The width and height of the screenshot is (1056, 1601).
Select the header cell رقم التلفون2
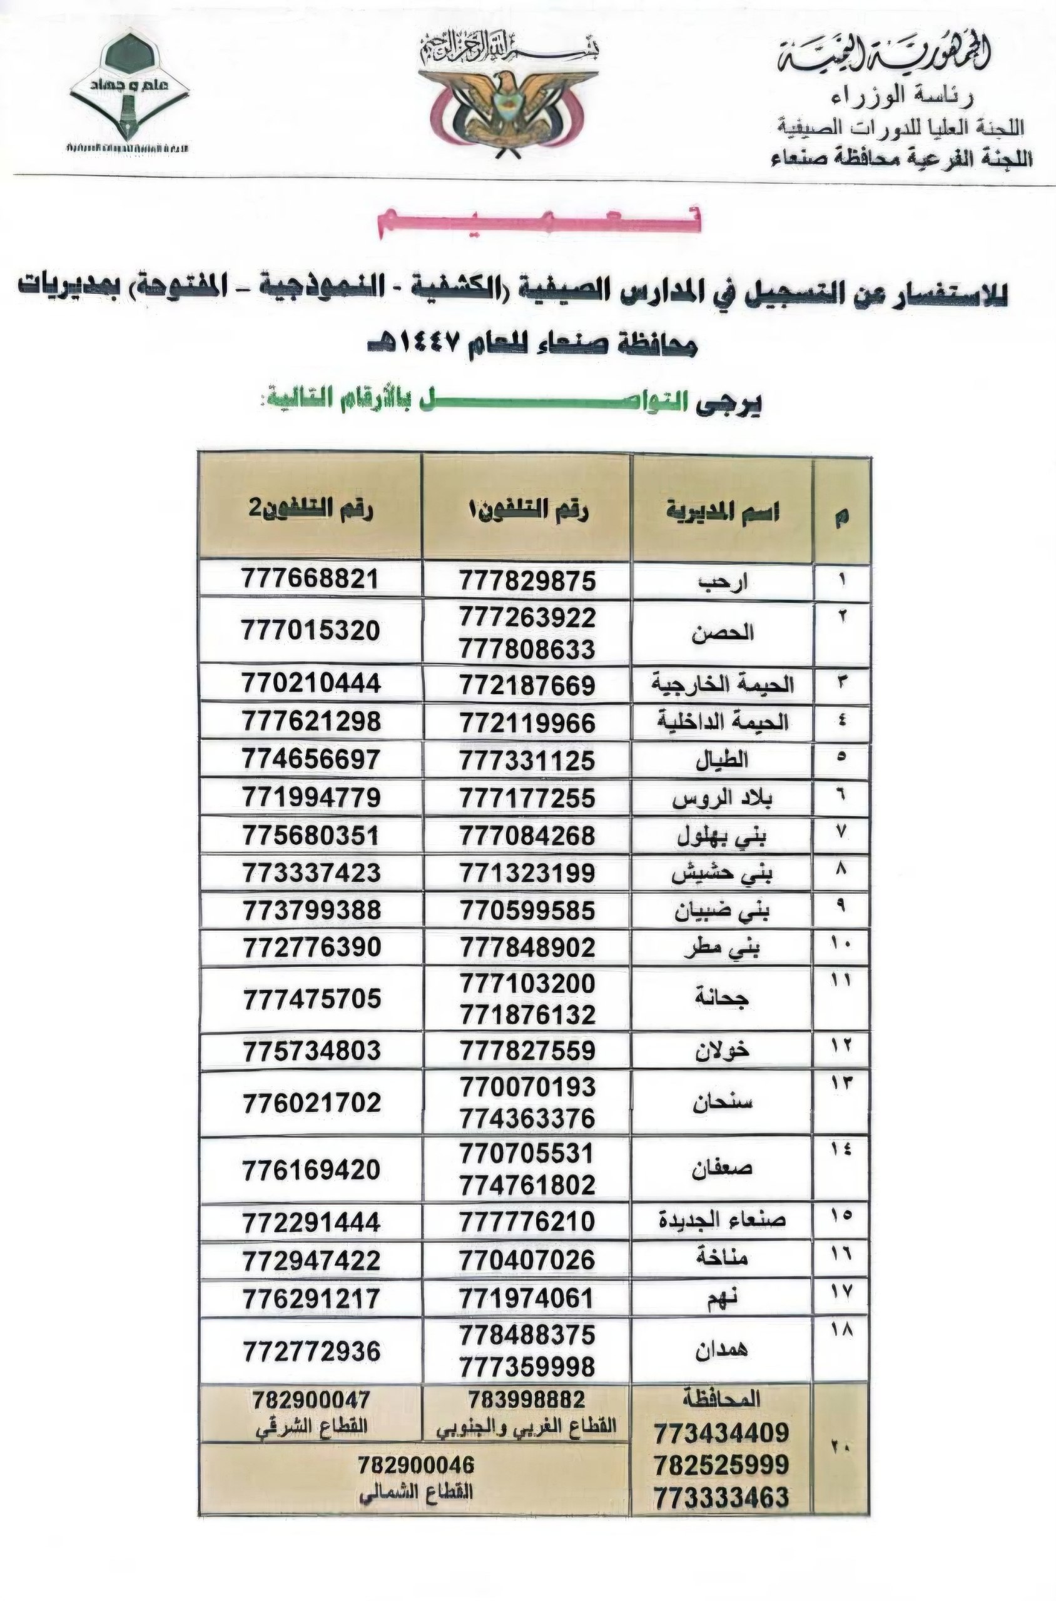coord(310,508)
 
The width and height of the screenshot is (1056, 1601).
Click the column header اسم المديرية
coord(723,512)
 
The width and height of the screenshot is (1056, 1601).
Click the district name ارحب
coord(723,582)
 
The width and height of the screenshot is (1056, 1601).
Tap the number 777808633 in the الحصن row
coord(528,649)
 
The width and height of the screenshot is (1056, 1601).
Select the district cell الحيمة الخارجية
coord(723,685)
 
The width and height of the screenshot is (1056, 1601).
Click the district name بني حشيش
coord(723,873)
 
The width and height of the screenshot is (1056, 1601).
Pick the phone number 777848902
coord(528,947)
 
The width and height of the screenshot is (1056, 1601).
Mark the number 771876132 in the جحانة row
coord(528,1014)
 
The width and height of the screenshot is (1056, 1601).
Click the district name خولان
coord(723,1050)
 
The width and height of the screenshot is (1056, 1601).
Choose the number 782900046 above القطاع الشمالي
coord(416,1466)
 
